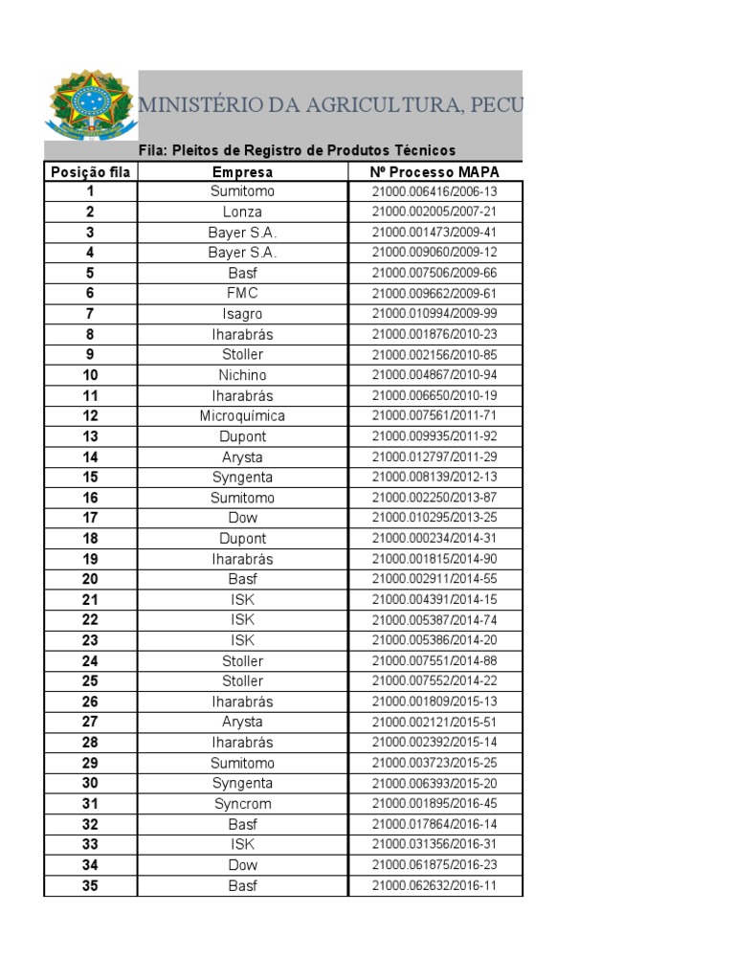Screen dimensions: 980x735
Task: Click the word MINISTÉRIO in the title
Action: pyautogui.click(x=200, y=106)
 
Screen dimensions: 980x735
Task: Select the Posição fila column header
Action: pyautogui.click(x=91, y=172)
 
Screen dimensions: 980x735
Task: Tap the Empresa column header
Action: pyautogui.click(x=242, y=172)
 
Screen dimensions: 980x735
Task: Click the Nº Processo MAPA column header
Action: pyautogui.click(x=434, y=172)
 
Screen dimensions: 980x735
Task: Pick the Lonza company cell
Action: pyautogui.click(x=242, y=212)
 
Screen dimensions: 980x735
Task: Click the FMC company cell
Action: pyautogui.click(x=242, y=293)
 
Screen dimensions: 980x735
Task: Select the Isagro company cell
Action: pyautogui.click(x=242, y=314)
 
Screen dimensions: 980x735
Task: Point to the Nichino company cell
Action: pyautogui.click(x=242, y=375)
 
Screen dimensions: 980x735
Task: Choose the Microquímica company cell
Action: pyautogui.click(x=242, y=416)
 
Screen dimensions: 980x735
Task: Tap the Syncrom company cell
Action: pyautogui.click(x=242, y=804)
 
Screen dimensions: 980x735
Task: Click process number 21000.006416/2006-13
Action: pyautogui.click(x=434, y=191)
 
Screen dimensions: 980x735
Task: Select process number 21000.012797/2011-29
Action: pyautogui.click(x=434, y=457)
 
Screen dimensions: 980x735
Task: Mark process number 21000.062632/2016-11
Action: pyautogui.click(x=434, y=886)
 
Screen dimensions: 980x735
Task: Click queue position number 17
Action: pyautogui.click(x=91, y=518)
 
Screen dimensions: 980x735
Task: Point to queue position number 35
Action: pyautogui.click(x=91, y=886)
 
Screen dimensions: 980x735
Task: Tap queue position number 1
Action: pyautogui.click(x=91, y=191)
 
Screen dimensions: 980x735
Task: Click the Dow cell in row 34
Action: pyautogui.click(x=242, y=865)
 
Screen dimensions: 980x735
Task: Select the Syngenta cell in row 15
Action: pyautogui.click(x=242, y=478)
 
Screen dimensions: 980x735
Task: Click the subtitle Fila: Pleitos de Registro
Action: pyautogui.click(x=297, y=151)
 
